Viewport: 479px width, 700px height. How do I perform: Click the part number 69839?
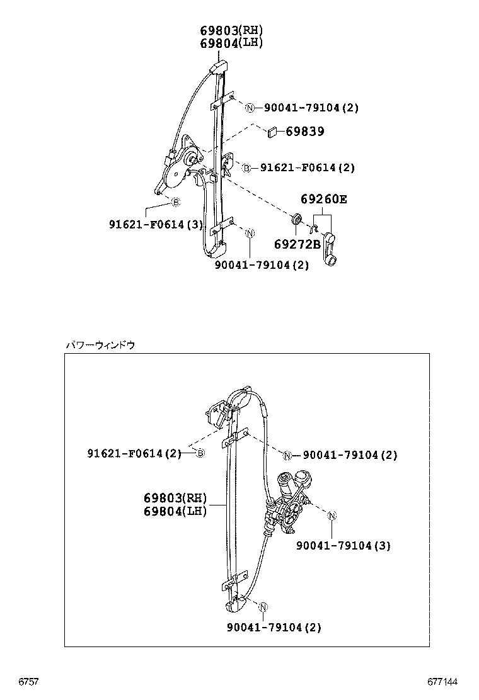(305, 132)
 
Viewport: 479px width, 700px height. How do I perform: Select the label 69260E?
(323, 200)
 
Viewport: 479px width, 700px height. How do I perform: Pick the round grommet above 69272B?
(295, 220)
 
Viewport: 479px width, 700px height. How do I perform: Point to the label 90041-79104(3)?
(343, 546)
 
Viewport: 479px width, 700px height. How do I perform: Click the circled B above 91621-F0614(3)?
(176, 202)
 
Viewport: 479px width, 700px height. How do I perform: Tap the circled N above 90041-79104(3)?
(332, 516)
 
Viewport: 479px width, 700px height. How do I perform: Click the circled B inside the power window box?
(200, 453)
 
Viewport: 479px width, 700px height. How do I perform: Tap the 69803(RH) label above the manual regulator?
(231, 30)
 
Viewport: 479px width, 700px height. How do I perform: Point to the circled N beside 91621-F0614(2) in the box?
(287, 455)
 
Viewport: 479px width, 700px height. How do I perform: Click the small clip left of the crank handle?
(312, 227)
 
